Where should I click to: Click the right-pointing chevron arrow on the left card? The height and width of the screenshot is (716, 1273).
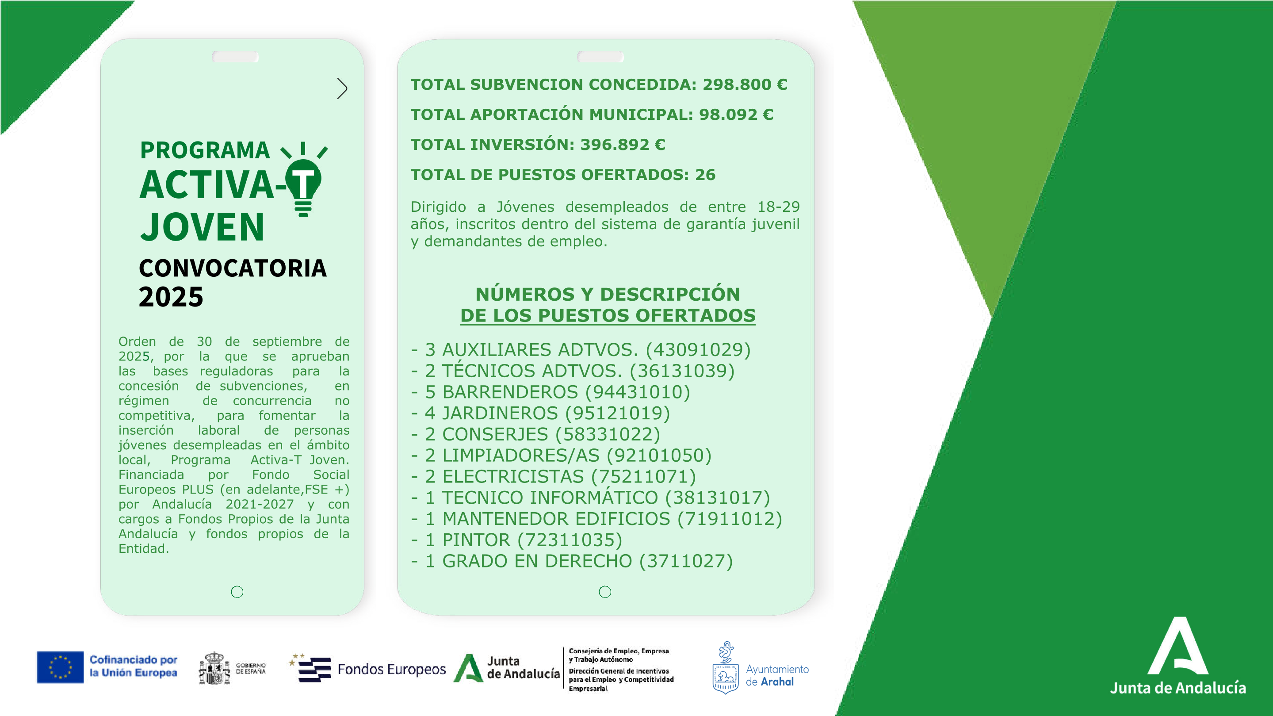click(x=342, y=88)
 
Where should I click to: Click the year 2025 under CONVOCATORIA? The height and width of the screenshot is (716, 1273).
click(x=171, y=297)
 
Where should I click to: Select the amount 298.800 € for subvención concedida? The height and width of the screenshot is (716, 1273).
click(x=745, y=84)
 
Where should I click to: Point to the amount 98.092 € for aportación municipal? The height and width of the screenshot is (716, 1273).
click(x=736, y=115)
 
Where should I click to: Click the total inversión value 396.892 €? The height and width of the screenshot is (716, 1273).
click(x=623, y=145)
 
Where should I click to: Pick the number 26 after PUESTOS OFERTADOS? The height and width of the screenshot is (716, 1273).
click(x=705, y=175)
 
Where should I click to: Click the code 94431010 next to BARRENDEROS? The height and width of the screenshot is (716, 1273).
click(x=638, y=392)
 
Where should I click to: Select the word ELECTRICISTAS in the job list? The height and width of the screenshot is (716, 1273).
click(x=512, y=476)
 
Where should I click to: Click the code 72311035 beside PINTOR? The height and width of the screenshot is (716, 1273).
click(x=570, y=540)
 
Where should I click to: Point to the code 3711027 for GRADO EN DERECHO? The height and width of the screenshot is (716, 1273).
click(x=686, y=561)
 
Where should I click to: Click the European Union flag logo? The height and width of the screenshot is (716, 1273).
click(x=60, y=667)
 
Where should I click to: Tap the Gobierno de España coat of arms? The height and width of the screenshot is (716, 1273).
click(x=214, y=669)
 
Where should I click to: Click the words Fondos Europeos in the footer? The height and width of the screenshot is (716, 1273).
click(x=391, y=669)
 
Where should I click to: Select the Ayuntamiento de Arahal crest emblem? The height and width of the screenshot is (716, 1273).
click(x=725, y=669)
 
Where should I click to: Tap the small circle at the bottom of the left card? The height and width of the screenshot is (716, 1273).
click(x=237, y=591)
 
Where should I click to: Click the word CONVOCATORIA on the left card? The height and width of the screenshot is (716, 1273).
click(x=233, y=268)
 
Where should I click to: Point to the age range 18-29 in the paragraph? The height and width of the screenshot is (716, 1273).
click(x=778, y=207)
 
